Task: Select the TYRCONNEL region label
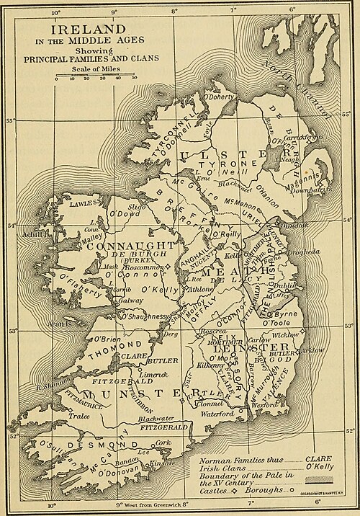point(168,125)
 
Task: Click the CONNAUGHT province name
point(130,246)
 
